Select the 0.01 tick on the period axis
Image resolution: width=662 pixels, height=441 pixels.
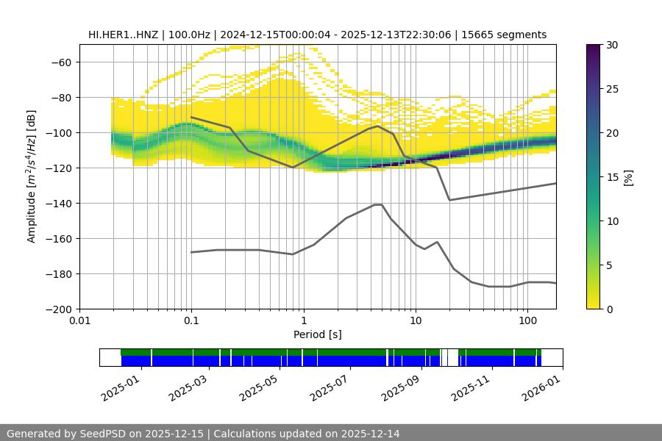coord(79,321)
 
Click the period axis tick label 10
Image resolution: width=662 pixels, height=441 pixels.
coord(416,321)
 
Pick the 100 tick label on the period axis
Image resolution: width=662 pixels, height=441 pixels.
coord(527,321)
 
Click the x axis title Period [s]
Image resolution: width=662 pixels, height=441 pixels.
coord(318,335)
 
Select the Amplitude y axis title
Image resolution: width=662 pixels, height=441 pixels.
coord(31,176)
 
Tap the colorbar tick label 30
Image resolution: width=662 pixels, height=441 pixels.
coord(611,45)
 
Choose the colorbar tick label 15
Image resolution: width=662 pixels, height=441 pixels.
coord(611,177)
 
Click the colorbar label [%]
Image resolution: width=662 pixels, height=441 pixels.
coord(628,177)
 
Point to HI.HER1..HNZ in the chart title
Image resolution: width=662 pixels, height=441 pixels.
coord(121,35)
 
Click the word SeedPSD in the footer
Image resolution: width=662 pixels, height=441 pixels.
coord(109,434)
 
